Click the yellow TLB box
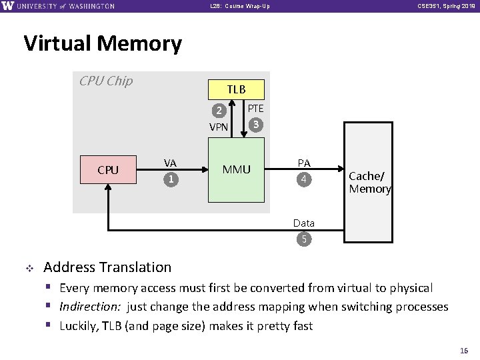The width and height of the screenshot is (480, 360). (236, 89)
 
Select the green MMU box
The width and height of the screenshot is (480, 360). (236, 169)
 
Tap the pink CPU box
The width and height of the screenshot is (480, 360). (108, 169)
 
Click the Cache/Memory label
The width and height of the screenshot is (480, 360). (369, 183)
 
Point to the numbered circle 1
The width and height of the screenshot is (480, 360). (171, 179)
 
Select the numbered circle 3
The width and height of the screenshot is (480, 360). (255, 124)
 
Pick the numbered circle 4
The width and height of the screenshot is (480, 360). (304, 179)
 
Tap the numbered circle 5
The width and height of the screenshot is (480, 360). (304, 239)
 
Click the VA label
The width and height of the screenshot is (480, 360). (171, 163)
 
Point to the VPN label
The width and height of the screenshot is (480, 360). (219, 127)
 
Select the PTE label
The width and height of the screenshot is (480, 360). (255, 108)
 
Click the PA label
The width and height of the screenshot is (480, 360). (304, 163)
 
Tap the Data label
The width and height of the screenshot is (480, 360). (304, 223)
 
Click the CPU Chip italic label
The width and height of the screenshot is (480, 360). (106, 81)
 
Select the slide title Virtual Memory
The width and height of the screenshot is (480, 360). (103, 43)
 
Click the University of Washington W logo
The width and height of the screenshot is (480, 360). (7, 6)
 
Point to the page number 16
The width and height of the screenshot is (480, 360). (465, 350)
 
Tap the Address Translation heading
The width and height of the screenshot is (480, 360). (107, 267)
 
